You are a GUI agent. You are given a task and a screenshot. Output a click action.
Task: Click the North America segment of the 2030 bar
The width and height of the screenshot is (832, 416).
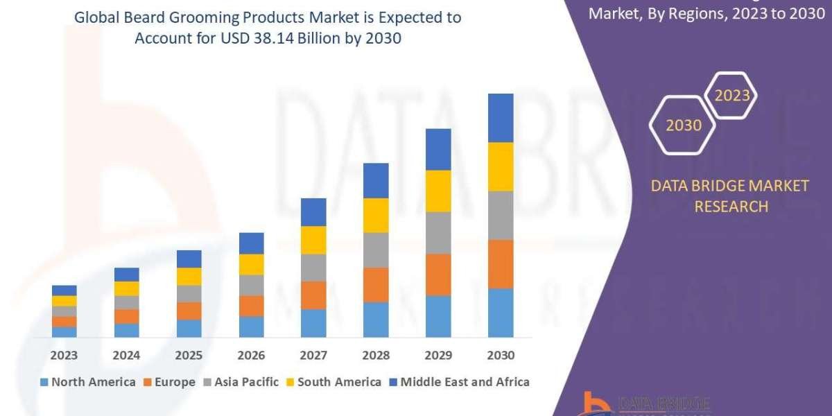[501, 313]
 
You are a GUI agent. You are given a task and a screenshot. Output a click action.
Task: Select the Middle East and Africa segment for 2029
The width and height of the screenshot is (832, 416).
[438, 149]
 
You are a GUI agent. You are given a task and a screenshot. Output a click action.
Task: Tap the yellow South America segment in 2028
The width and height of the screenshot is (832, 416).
[376, 215]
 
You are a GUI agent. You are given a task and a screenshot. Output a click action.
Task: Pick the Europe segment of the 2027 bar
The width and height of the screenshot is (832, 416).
[313, 295]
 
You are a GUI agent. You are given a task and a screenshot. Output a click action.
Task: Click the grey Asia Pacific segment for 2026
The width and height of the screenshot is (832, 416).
[251, 285]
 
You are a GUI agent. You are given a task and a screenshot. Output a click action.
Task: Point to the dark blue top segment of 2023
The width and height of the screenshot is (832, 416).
[64, 290]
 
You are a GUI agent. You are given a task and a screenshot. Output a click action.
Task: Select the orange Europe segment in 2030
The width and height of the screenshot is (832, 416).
[501, 264]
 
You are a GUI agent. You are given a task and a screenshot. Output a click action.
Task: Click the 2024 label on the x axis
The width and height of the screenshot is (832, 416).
[127, 356]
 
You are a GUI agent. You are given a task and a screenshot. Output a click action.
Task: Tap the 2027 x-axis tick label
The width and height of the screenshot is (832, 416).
[313, 356]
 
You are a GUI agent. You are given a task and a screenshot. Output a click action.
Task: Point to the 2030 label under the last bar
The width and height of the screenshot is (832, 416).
[501, 356]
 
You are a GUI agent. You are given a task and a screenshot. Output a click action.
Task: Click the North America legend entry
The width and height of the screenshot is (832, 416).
[88, 382]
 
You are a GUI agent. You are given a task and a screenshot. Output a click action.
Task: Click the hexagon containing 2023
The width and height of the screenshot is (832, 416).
[731, 96]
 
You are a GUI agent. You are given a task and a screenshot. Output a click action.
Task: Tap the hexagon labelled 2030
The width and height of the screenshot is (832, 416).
[684, 125]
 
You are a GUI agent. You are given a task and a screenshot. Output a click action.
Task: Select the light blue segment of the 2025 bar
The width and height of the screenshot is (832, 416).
[189, 329]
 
